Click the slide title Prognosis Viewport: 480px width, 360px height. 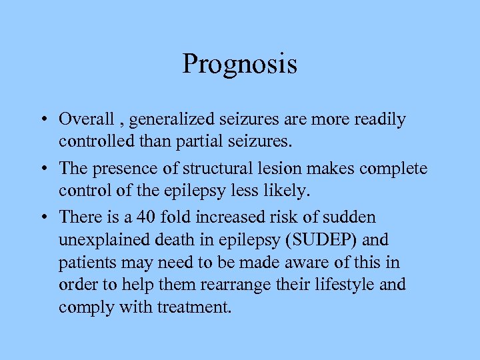[x=239, y=65]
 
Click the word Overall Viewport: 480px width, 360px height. [x=87, y=119]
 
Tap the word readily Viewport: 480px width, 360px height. [x=381, y=120]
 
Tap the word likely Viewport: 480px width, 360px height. [x=286, y=191]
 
